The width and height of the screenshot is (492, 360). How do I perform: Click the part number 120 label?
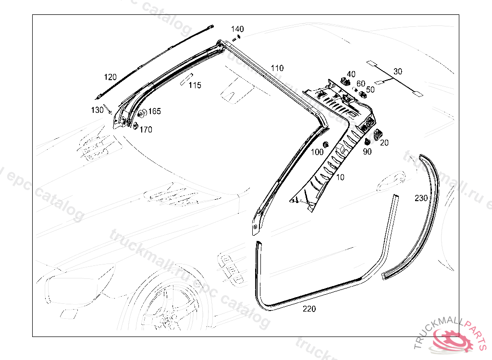click(x=111, y=77)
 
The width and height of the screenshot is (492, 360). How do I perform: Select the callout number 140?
click(x=237, y=29)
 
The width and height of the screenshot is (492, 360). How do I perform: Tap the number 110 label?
click(x=277, y=68)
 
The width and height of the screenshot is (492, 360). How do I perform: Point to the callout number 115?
click(x=195, y=85)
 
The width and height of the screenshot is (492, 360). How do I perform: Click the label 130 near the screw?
click(x=98, y=110)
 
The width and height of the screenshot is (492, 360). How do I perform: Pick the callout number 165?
click(x=154, y=111)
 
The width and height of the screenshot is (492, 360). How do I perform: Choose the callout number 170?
click(x=146, y=129)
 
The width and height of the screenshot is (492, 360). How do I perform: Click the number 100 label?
click(x=317, y=152)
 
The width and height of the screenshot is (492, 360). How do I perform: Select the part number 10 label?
click(x=340, y=177)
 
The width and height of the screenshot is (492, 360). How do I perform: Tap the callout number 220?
click(x=309, y=309)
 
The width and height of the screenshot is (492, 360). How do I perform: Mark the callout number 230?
click(x=421, y=198)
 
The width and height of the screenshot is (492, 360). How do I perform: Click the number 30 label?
click(x=398, y=72)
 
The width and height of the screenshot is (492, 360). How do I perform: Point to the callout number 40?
click(x=351, y=74)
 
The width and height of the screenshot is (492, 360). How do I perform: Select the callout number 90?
click(x=367, y=152)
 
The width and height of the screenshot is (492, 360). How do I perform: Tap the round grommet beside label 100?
click(x=326, y=144)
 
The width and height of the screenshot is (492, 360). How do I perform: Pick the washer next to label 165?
click(x=143, y=114)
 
